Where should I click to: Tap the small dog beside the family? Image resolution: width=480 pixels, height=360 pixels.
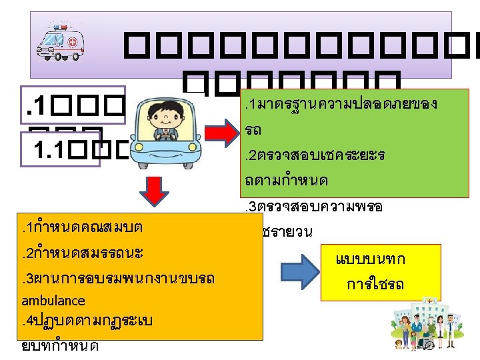398,345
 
